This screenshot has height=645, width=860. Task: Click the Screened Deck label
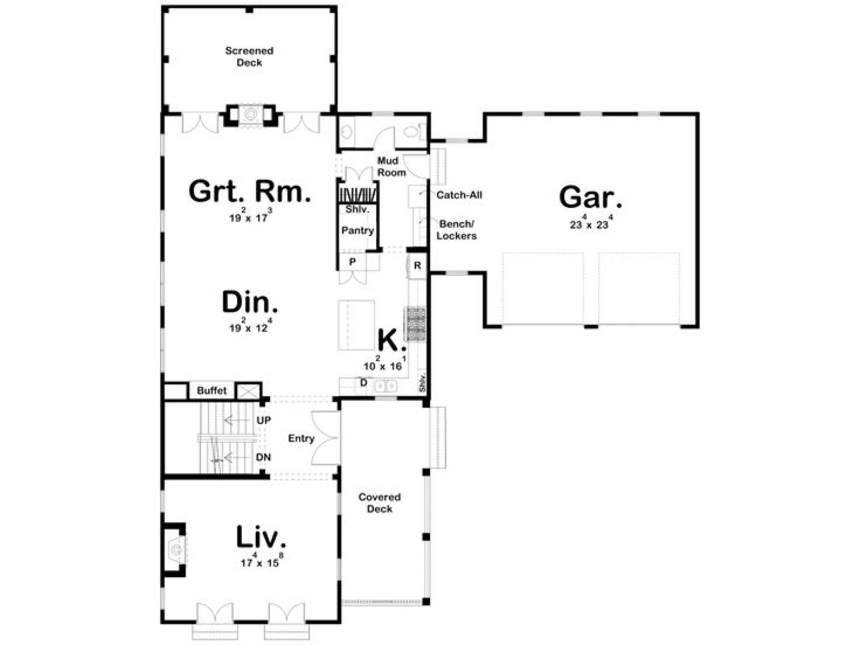[249, 56]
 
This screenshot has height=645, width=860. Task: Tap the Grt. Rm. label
[249, 191]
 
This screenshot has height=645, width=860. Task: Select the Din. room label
[250, 302]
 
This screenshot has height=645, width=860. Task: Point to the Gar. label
[590, 197]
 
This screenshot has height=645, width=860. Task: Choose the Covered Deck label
[379, 503]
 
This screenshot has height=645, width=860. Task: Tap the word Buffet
[212, 390]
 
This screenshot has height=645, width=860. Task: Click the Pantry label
[357, 231]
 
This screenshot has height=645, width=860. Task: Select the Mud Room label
[391, 167]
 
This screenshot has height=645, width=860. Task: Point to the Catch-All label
[459, 195]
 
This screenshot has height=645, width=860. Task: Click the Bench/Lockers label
[456, 230]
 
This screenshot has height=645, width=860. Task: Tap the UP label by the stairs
[264, 420]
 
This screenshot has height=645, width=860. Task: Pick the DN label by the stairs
[264, 457]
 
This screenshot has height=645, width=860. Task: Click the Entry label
[302, 438]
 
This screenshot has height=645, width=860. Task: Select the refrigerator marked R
[417, 266]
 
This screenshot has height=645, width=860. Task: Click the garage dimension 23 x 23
[590, 223]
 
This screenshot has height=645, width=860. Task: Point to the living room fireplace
[175, 549]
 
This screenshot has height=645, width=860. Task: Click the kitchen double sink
[385, 386]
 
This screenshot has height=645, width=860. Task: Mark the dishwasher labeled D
[363, 383]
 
